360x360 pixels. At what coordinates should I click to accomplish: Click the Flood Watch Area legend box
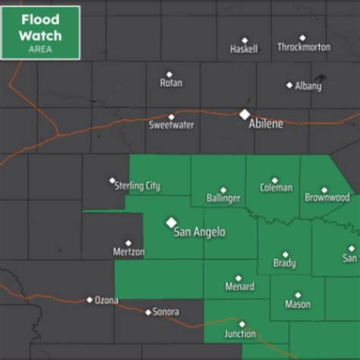(40, 31)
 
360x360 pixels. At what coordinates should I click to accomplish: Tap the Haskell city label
(244, 49)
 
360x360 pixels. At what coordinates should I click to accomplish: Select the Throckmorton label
(304, 47)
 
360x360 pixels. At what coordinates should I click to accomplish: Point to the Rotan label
(171, 83)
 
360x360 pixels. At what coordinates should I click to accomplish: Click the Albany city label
(308, 86)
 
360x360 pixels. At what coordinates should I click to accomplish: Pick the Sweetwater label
(170, 125)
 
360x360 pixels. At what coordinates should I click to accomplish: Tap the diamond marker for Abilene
(245, 114)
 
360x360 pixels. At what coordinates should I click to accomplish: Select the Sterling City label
(137, 186)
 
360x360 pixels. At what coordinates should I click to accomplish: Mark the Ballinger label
(223, 198)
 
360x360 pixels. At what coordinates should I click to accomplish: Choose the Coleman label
(275, 188)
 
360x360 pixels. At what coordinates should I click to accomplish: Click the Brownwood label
(327, 197)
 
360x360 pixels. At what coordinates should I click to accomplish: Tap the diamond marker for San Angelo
(171, 222)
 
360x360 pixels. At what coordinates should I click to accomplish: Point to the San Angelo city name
(200, 232)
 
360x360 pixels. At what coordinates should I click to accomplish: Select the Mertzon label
(128, 251)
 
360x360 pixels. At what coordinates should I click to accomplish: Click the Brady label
(285, 264)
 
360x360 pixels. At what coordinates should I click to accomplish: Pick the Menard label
(239, 287)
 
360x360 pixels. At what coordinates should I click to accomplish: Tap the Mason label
(298, 305)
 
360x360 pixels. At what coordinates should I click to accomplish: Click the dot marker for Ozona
(90, 299)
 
